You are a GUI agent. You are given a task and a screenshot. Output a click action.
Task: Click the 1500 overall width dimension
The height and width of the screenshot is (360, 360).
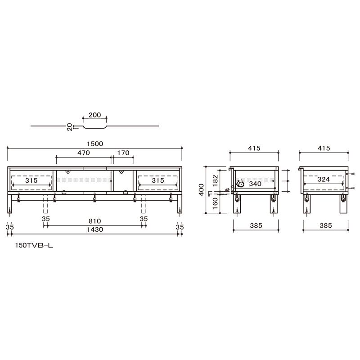(95, 144)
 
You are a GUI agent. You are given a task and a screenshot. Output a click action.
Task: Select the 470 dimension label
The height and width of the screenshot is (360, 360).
(84, 153)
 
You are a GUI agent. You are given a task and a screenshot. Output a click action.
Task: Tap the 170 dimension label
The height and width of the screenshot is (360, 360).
(123, 153)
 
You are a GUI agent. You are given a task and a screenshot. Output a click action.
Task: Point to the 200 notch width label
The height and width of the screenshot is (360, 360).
(95, 115)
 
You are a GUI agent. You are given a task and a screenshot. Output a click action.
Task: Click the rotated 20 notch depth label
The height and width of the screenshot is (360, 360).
(70, 127)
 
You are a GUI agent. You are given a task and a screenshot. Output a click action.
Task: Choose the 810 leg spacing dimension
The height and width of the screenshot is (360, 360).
(94, 221)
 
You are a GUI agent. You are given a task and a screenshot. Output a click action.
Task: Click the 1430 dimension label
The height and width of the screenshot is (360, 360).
(95, 229)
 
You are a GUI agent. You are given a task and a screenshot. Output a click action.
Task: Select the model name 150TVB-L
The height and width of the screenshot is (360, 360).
(34, 245)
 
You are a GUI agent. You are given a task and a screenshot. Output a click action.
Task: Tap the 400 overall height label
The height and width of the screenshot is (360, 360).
(201, 189)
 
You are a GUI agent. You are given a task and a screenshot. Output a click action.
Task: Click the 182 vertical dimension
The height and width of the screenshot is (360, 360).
(215, 180)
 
